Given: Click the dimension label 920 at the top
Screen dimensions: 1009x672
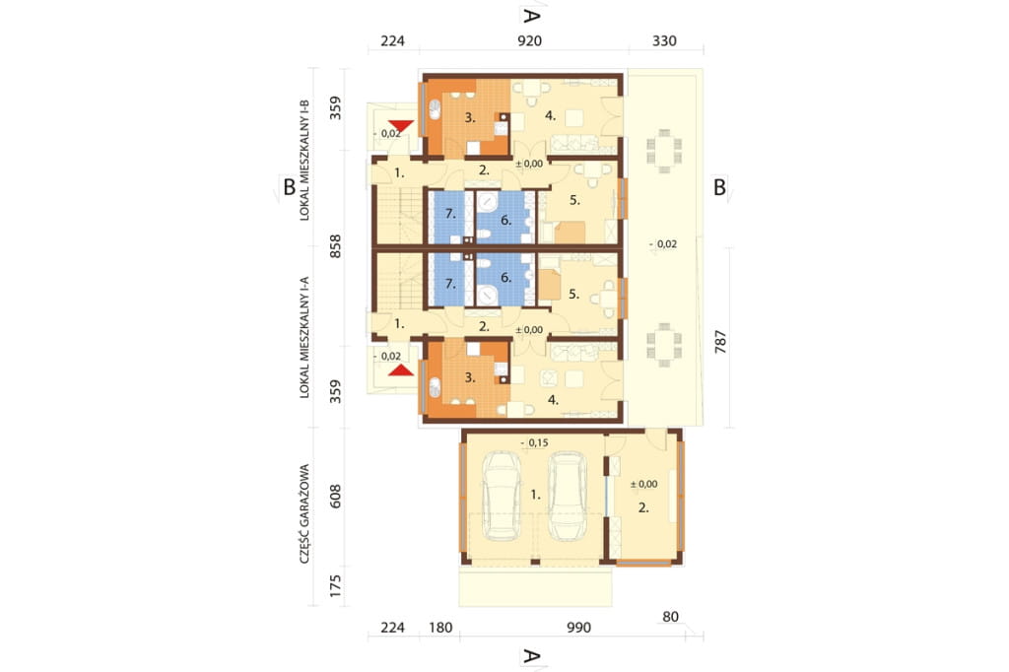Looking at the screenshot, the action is pyautogui.click(x=529, y=41).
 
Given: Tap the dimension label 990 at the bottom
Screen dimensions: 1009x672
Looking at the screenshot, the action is pyautogui.click(x=578, y=628).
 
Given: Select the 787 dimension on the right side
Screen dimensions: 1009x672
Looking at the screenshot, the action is pyautogui.click(x=720, y=341).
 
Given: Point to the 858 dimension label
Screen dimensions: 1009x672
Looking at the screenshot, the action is pyautogui.click(x=335, y=246).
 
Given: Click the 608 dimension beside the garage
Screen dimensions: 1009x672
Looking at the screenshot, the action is pyautogui.click(x=335, y=497).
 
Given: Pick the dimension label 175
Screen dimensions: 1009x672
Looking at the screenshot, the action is pyautogui.click(x=335, y=585).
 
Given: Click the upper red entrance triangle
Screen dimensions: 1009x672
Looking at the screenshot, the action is pyautogui.click(x=401, y=126).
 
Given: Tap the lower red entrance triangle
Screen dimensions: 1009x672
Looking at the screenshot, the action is pyautogui.click(x=401, y=370).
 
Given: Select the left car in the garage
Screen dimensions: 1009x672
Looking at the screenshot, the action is pyautogui.click(x=502, y=496).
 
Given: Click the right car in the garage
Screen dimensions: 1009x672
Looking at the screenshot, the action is pyautogui.click(x=567, y=496).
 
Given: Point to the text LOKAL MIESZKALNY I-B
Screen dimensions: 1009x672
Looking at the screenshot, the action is pyautogui.click(x=304, y=161).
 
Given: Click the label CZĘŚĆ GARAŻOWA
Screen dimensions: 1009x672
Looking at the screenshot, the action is pyautogui.click(x=304, y=513).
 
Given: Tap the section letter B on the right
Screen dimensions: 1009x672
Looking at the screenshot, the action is pyautogui.click(x=719, y=187).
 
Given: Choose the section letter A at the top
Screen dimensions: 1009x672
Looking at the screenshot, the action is pyautogui.click(x=531, y=16).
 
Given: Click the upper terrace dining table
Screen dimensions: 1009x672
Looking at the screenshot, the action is pyautogui.click(x=664, y=152).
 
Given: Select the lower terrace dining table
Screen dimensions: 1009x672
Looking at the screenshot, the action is pyautogui.click(x=664, y=345).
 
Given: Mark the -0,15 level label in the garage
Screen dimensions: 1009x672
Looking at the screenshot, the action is pyautogui.click(x=534, y=442).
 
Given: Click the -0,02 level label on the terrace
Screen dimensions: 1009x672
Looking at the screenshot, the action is pyautogui.click(x=663, y=244).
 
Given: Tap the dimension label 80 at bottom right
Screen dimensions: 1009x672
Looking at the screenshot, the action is pyautogui.click(x=670, y=617).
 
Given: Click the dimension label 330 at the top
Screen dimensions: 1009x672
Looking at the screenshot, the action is pyautogui.click(x=664, y=41).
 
